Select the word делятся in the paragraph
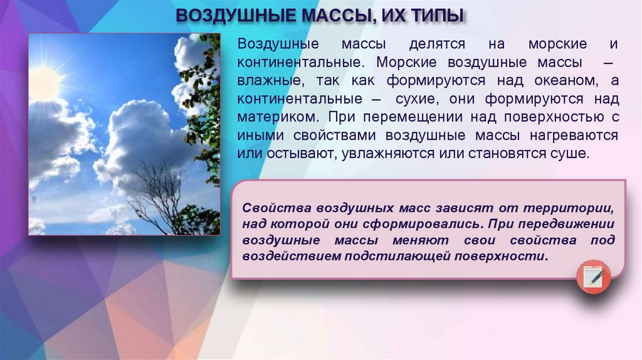tap(437, 45)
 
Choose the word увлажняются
tap(392, 154)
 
